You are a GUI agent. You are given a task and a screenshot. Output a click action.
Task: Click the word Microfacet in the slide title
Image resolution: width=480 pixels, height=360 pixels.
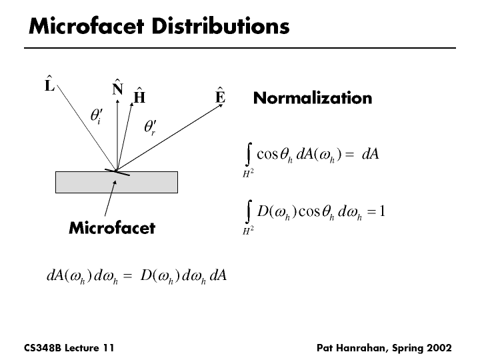(86, 26)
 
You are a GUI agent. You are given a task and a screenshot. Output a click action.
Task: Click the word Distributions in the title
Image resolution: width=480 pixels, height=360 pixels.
(221, 26)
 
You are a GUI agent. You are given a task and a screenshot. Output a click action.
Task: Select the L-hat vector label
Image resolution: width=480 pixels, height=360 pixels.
(49, 83)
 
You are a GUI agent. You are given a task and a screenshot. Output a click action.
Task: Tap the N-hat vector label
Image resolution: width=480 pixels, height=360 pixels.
(117, 87)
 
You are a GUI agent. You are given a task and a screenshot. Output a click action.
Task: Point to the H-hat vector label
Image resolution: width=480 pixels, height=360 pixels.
(139, 95)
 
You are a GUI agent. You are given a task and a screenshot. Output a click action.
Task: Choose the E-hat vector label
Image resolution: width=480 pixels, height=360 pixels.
(221, 95)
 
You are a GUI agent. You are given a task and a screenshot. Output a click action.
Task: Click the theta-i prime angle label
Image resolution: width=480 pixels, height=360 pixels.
(97, 116)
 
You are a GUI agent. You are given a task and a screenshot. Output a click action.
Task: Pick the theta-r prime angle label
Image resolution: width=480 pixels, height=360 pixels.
(150, 127)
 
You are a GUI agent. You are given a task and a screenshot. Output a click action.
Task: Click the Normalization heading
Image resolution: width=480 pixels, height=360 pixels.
(313, 98)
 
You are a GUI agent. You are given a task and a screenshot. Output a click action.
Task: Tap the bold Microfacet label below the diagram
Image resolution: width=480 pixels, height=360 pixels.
(112, 228)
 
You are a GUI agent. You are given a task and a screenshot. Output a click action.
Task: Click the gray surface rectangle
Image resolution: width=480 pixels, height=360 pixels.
(117, 182)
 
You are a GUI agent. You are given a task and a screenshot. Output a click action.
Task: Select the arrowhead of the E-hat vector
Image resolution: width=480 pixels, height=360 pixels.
(221, 105)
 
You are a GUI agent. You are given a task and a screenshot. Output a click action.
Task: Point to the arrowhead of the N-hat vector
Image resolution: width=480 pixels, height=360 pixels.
(117, 101)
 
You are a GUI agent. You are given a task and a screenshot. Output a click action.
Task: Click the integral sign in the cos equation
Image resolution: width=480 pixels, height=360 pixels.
(249, 154)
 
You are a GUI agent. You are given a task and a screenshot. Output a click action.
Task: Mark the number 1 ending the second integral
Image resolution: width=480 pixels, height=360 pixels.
(382, 211)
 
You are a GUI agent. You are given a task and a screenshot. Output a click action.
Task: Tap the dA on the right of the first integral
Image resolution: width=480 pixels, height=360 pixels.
(371, 154)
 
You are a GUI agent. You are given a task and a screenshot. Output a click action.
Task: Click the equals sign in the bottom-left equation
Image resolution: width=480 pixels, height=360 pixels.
(127, 276)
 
